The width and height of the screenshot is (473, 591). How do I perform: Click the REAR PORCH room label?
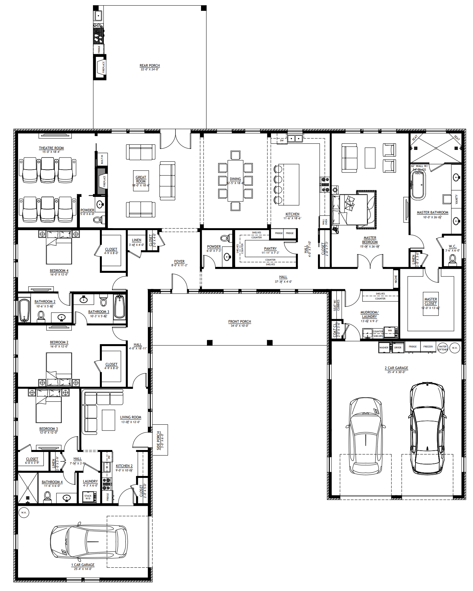[x=149, y=65]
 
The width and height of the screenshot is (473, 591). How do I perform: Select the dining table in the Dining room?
[x=235, y=180]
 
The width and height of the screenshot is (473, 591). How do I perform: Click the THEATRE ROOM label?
[x=51, y=148]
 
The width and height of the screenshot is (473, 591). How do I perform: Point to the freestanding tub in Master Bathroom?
[x=418, y=184]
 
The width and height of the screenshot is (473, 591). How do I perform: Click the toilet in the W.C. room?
[x=452, y=259]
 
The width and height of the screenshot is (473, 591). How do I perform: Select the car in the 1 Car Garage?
[x=89, y=541]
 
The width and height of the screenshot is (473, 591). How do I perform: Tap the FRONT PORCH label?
[x=239, y=321]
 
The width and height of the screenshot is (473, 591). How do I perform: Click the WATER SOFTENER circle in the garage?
[x=442, y=348]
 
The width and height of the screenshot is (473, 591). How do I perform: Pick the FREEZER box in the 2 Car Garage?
[x=428, y=347]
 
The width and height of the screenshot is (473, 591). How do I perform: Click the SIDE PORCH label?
[x=158, y=440]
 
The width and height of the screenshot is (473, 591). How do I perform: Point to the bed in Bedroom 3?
[x=49, y=406]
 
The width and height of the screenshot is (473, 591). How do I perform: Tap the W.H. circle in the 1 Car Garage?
[x=24, y=512]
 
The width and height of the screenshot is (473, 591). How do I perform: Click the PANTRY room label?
[x=270, y=248]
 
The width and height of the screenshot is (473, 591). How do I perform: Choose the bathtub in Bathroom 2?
[x=24, y=310]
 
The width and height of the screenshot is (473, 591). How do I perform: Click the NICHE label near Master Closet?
[x=396, y=279]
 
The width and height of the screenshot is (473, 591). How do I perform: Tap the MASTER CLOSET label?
[x=431, y=301]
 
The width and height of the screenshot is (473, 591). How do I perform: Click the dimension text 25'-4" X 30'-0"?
[x=396, y=372]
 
